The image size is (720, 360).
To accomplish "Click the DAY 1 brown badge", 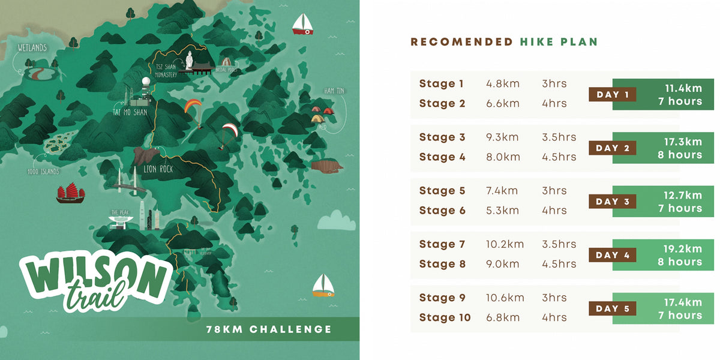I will pos(613,94).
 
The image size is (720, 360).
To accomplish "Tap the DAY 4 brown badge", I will pos(613,255).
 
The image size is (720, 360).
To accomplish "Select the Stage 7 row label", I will pos(442,244).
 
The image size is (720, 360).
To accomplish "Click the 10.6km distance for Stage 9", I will pos(505,298).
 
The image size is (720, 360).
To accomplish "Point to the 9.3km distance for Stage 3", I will pos(502,137).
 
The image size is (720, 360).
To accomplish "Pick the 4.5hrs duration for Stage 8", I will pos(559,264).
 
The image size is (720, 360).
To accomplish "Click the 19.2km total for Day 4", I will pos(683,249).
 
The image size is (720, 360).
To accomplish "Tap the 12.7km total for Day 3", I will pos(683,196).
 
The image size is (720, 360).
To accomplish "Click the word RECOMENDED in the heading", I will pos(461,42).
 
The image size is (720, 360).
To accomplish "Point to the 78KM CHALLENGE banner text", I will pos(269,329).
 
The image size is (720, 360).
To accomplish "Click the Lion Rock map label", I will pos(158,169).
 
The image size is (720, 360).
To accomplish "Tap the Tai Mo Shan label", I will pos(130,112).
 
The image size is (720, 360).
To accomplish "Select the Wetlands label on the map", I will pos(32,47).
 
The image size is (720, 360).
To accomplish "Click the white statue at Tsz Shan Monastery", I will pos(190,60).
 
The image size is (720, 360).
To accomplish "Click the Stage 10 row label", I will pos(445,317).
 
